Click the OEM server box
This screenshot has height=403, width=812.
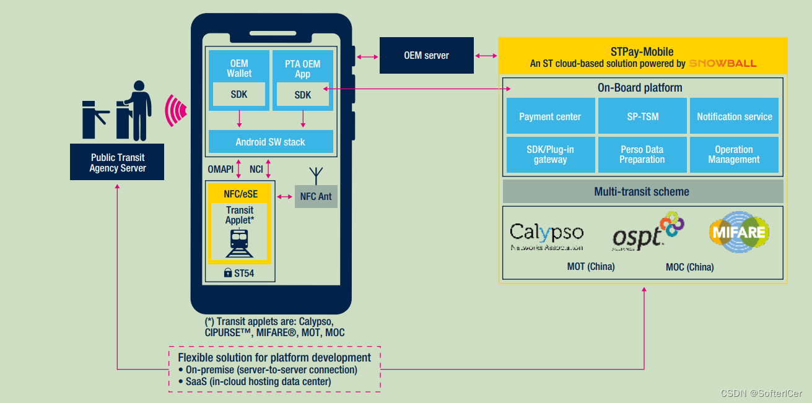pyautogui.click(x=426, y=56)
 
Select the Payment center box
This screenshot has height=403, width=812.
pyautogui.click(x=550, y=116)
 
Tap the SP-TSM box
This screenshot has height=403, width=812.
pyautogui.click(x=642, y=116)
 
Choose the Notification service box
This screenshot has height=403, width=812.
pyautogui.click(x=735, y=116)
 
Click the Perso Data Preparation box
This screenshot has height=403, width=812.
pyautogui.click(x=642, y=155)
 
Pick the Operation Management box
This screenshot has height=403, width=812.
pyautogui.click(x=735, y=155)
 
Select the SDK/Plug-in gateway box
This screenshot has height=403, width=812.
pyautogui.click(x=550, y=155)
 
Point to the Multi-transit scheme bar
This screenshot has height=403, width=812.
pyautogui.click(x=642, y=191)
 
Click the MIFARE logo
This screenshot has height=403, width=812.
pyautogui.click(x=739, y=233)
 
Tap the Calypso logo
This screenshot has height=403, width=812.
pyautogui.click(x=546, y=235)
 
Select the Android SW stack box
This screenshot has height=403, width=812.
pyautogui.click(x=271, y=142)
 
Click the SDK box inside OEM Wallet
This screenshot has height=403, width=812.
pyautogui.click(x=239, y=95)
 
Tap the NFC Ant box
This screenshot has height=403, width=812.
pyautogui.click(x=316, y=196)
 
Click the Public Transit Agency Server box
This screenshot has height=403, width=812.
pyautogui.click(x=117, y=162)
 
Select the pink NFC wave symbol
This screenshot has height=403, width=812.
pyautogui.click(x=177, y=110)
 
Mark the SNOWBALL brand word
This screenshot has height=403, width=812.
pyautogui.click(x=723, y=64)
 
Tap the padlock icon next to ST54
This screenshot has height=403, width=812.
pyautogui.click(x=227, y=272)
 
